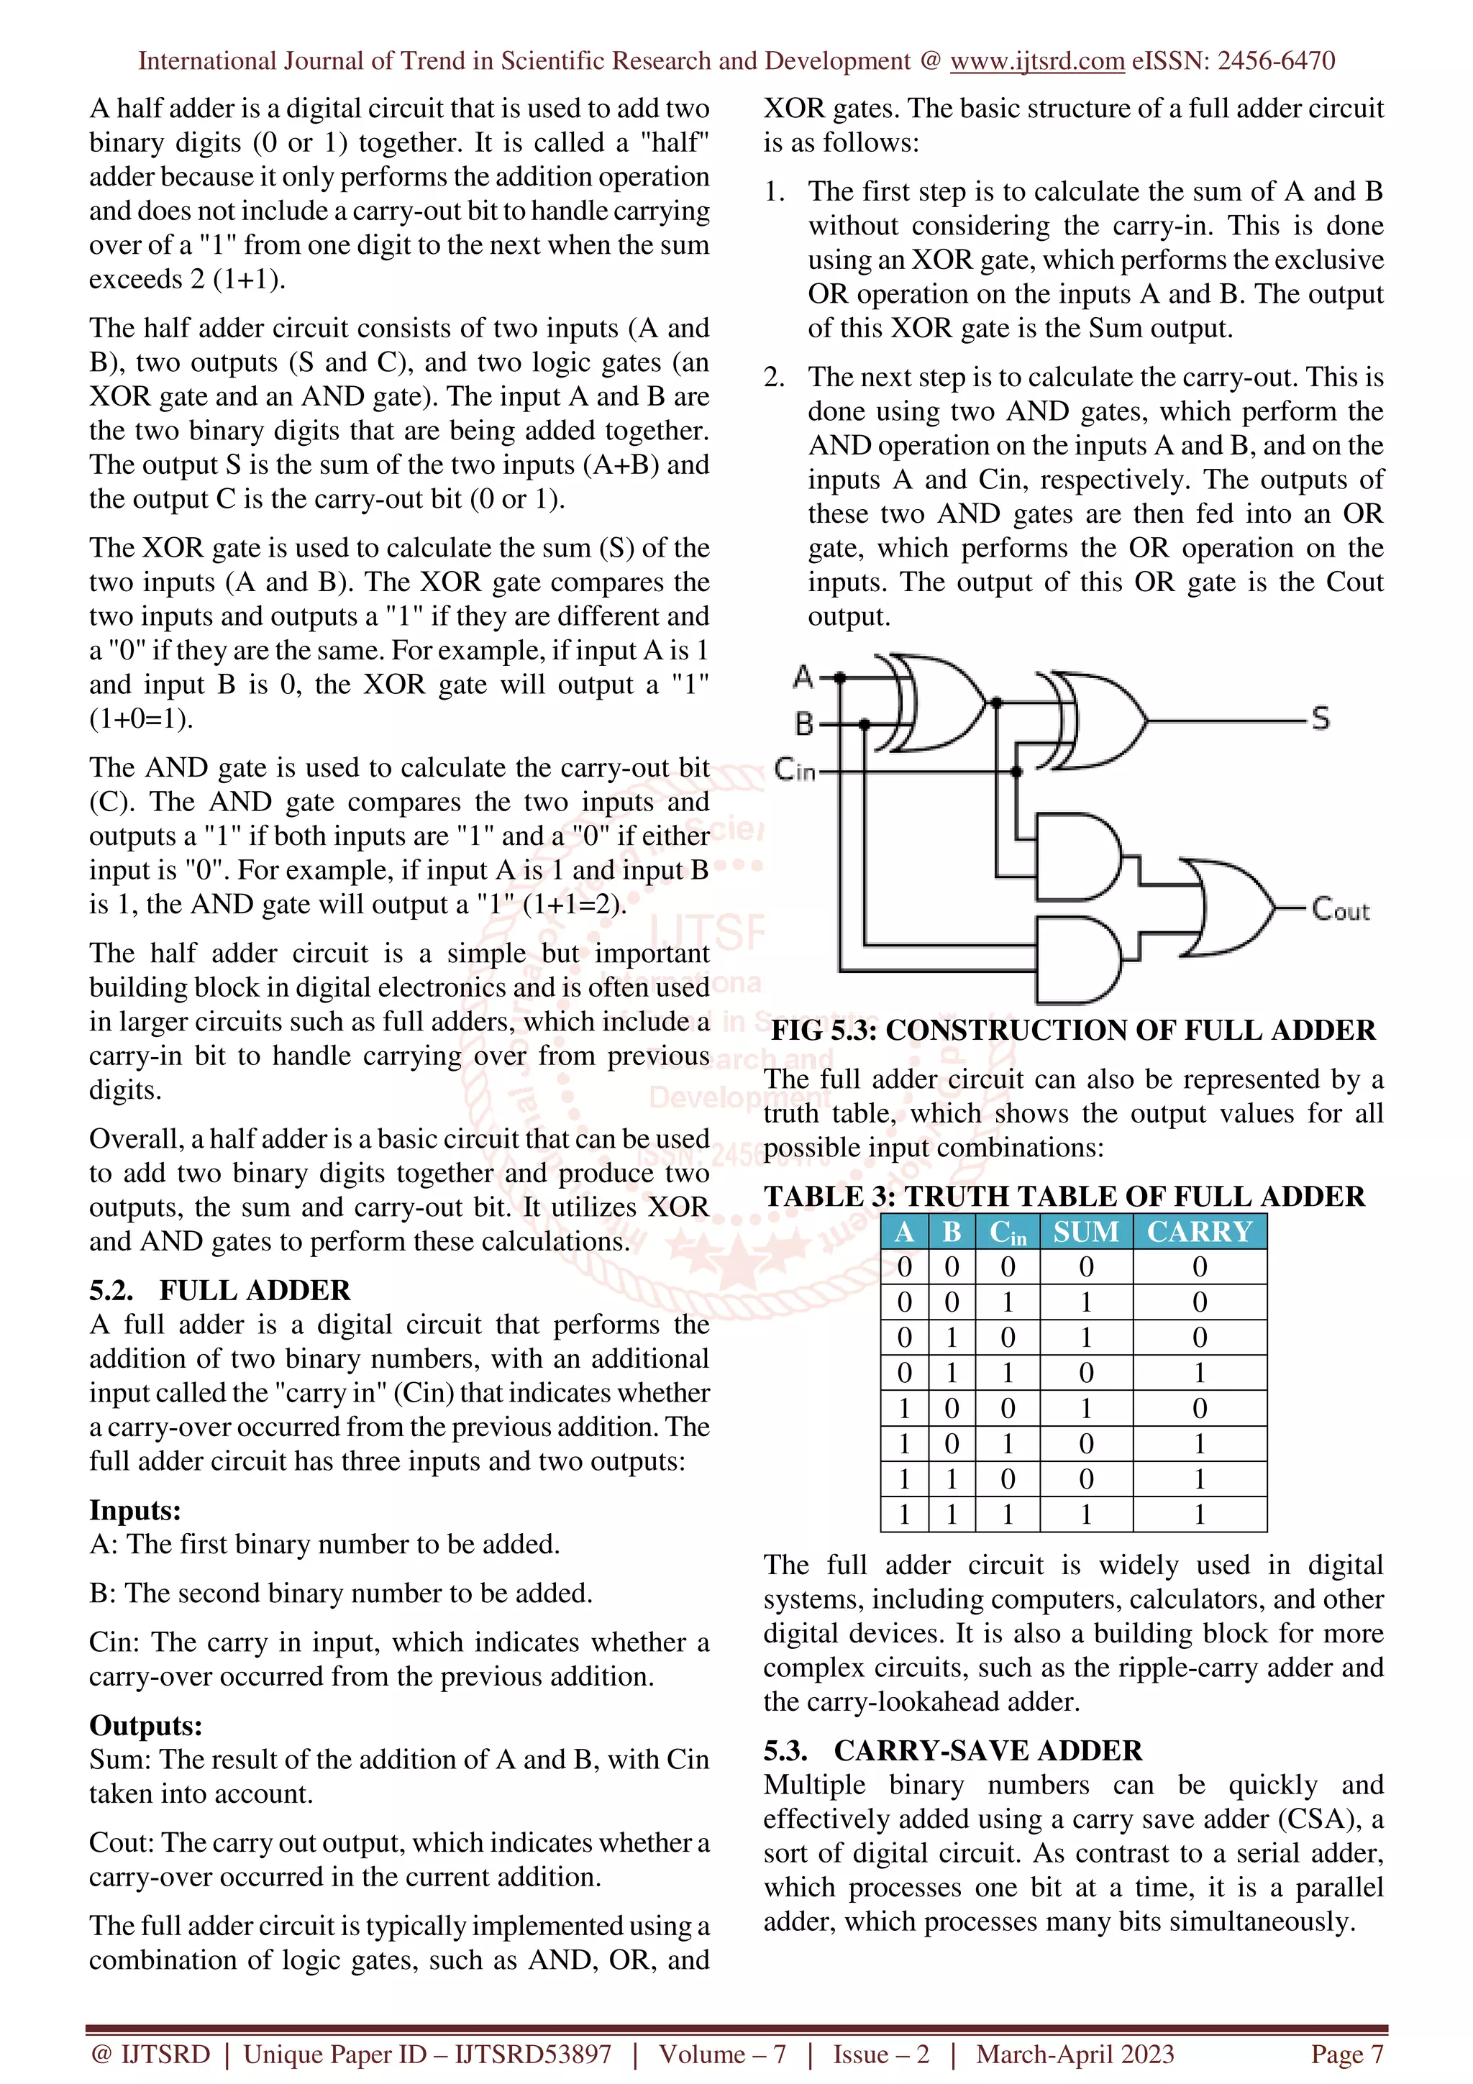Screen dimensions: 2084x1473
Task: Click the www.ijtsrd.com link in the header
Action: [x=1036, y=61]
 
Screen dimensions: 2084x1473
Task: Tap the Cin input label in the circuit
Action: [x=795, y=771]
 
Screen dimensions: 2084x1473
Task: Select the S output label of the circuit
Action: [x=1320, y=719]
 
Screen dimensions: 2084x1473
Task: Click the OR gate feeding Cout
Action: [x=1233, y=907]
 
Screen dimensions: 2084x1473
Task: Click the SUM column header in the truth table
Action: [x=1085, y=1232]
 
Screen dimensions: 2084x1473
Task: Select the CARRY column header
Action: [x=1199, y=1232]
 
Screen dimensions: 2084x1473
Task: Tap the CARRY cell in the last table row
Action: [x=1199, y=1514]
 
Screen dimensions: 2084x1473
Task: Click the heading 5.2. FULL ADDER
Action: [x=219, y=1290]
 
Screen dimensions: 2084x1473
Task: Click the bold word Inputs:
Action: [x=135, y=1509]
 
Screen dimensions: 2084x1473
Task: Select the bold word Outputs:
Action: [x=145, y=1724]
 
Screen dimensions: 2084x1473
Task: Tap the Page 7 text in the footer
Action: [x=1347, y=2054]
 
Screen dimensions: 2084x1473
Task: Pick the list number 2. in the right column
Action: [x=774, y=377]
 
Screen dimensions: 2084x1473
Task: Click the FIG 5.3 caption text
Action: [x=1073, y=1030]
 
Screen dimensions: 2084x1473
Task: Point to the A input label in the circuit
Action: [x=803, y=676]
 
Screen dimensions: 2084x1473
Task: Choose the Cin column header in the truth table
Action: [x=1008, y=1232]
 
